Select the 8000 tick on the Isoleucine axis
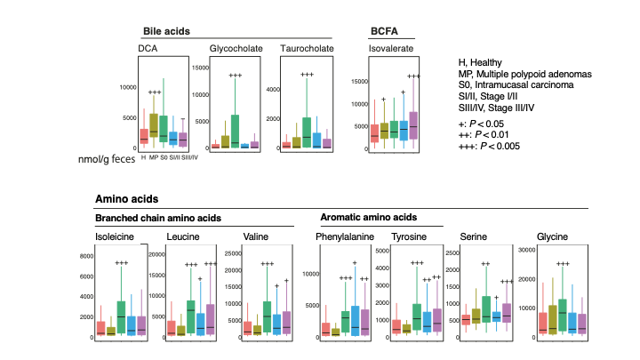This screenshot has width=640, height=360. pyautogui.click(x=86, y=257)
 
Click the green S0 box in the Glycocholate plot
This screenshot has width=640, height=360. pyautogui.click(x=235, y=131)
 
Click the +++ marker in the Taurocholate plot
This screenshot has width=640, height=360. pyautogui.click(x=307, y=76)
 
